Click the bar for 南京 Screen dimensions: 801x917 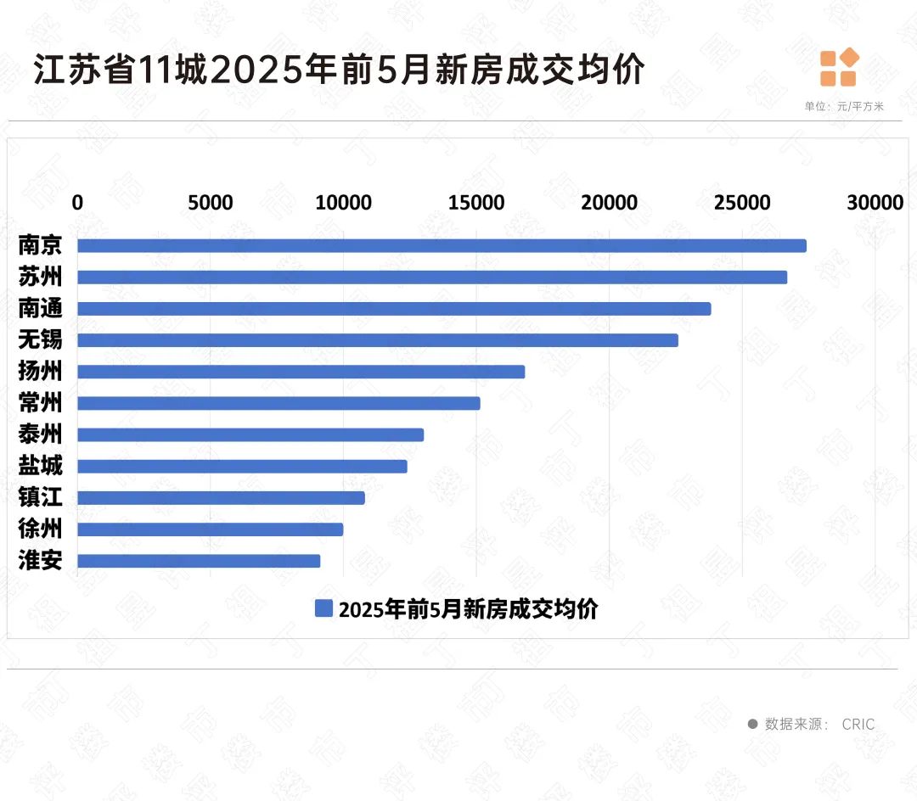(x=442, y=246)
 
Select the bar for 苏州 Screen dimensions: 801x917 (x=432, y=277)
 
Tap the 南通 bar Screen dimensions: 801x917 (x=394, y=309)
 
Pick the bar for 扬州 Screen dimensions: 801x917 (x=301, y=372)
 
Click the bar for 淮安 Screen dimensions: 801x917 (x=199, y=561)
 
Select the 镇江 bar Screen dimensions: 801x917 (x=221, y=498)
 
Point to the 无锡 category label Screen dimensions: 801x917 (x=40, y=340)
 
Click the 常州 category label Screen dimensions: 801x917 (x=40, y=403)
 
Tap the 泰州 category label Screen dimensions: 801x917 (x=40, y=434)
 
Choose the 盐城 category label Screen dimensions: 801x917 (x=40, y=466)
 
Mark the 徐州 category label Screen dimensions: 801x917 (x=40, y=529)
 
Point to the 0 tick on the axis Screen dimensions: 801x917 (x=77, y=203)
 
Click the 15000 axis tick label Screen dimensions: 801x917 (x=476, y=203)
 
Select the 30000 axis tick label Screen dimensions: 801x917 (x=875, y=203)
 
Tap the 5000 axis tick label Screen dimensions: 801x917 (x=211, y=203)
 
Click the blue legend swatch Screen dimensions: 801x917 (x=323, y=608)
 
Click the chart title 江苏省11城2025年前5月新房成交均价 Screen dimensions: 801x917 (x=340, y=70)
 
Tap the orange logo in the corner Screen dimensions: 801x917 (x=839, y=68)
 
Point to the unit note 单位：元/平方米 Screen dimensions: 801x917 (x=844, y=107)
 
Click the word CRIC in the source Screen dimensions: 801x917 (x=858, y=724)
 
